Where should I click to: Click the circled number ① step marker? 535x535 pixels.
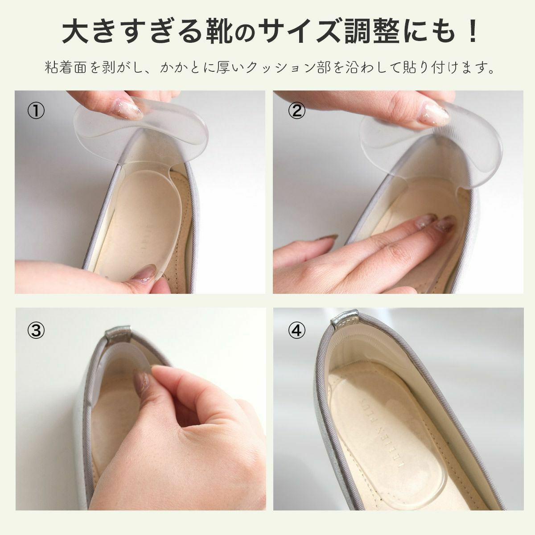pos(36,111)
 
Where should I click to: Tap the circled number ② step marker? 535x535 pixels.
pos(297,111)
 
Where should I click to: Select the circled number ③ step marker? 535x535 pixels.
pos(36,330)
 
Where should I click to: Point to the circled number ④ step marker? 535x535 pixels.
pos(297,330)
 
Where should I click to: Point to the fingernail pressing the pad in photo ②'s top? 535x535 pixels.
pos(432,115)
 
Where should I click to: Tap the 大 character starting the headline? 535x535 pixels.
pos(76,33)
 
